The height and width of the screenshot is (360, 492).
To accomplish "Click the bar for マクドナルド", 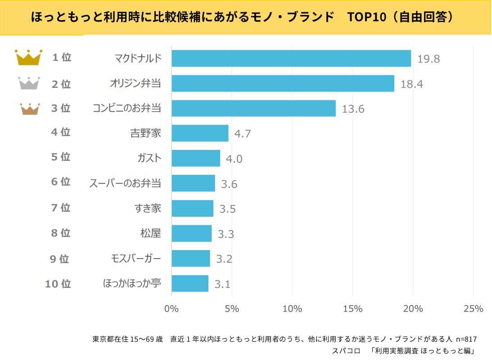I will coord(291,59).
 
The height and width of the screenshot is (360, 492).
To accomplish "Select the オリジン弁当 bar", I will coord(283,84).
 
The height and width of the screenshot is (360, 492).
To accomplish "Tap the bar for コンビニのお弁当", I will coord(253,109).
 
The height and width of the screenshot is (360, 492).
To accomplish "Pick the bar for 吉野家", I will coord(200,133).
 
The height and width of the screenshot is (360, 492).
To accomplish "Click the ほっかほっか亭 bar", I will coord(190,283).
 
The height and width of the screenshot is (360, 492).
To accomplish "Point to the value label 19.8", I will coord(428,59).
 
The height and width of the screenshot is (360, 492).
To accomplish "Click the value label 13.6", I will coord(353,109).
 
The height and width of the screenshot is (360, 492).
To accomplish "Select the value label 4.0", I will coord(234,159).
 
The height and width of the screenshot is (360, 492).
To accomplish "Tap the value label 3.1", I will coord(222,284).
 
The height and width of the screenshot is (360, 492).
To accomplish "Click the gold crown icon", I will coord(28,58).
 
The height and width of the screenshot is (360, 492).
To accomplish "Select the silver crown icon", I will coord(29,83).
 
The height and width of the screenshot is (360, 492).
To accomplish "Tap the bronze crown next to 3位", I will coord(29,109).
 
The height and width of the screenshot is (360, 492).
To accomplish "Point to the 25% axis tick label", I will coord(473,309).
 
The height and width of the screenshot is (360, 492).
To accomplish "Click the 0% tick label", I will coord(172,309).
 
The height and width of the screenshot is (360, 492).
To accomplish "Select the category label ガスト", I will coord(149,158).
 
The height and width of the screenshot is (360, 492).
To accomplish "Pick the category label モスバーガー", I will coord(135,259).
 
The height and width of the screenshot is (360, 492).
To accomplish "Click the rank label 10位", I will coord(58,284).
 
